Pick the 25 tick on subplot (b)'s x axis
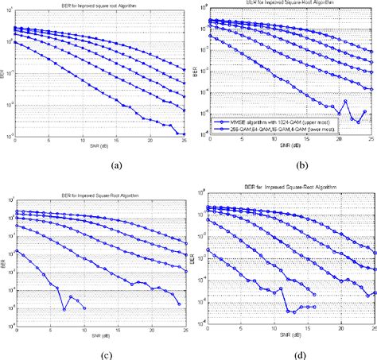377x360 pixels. (373, 140)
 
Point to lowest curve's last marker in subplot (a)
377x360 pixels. (185, 134)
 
